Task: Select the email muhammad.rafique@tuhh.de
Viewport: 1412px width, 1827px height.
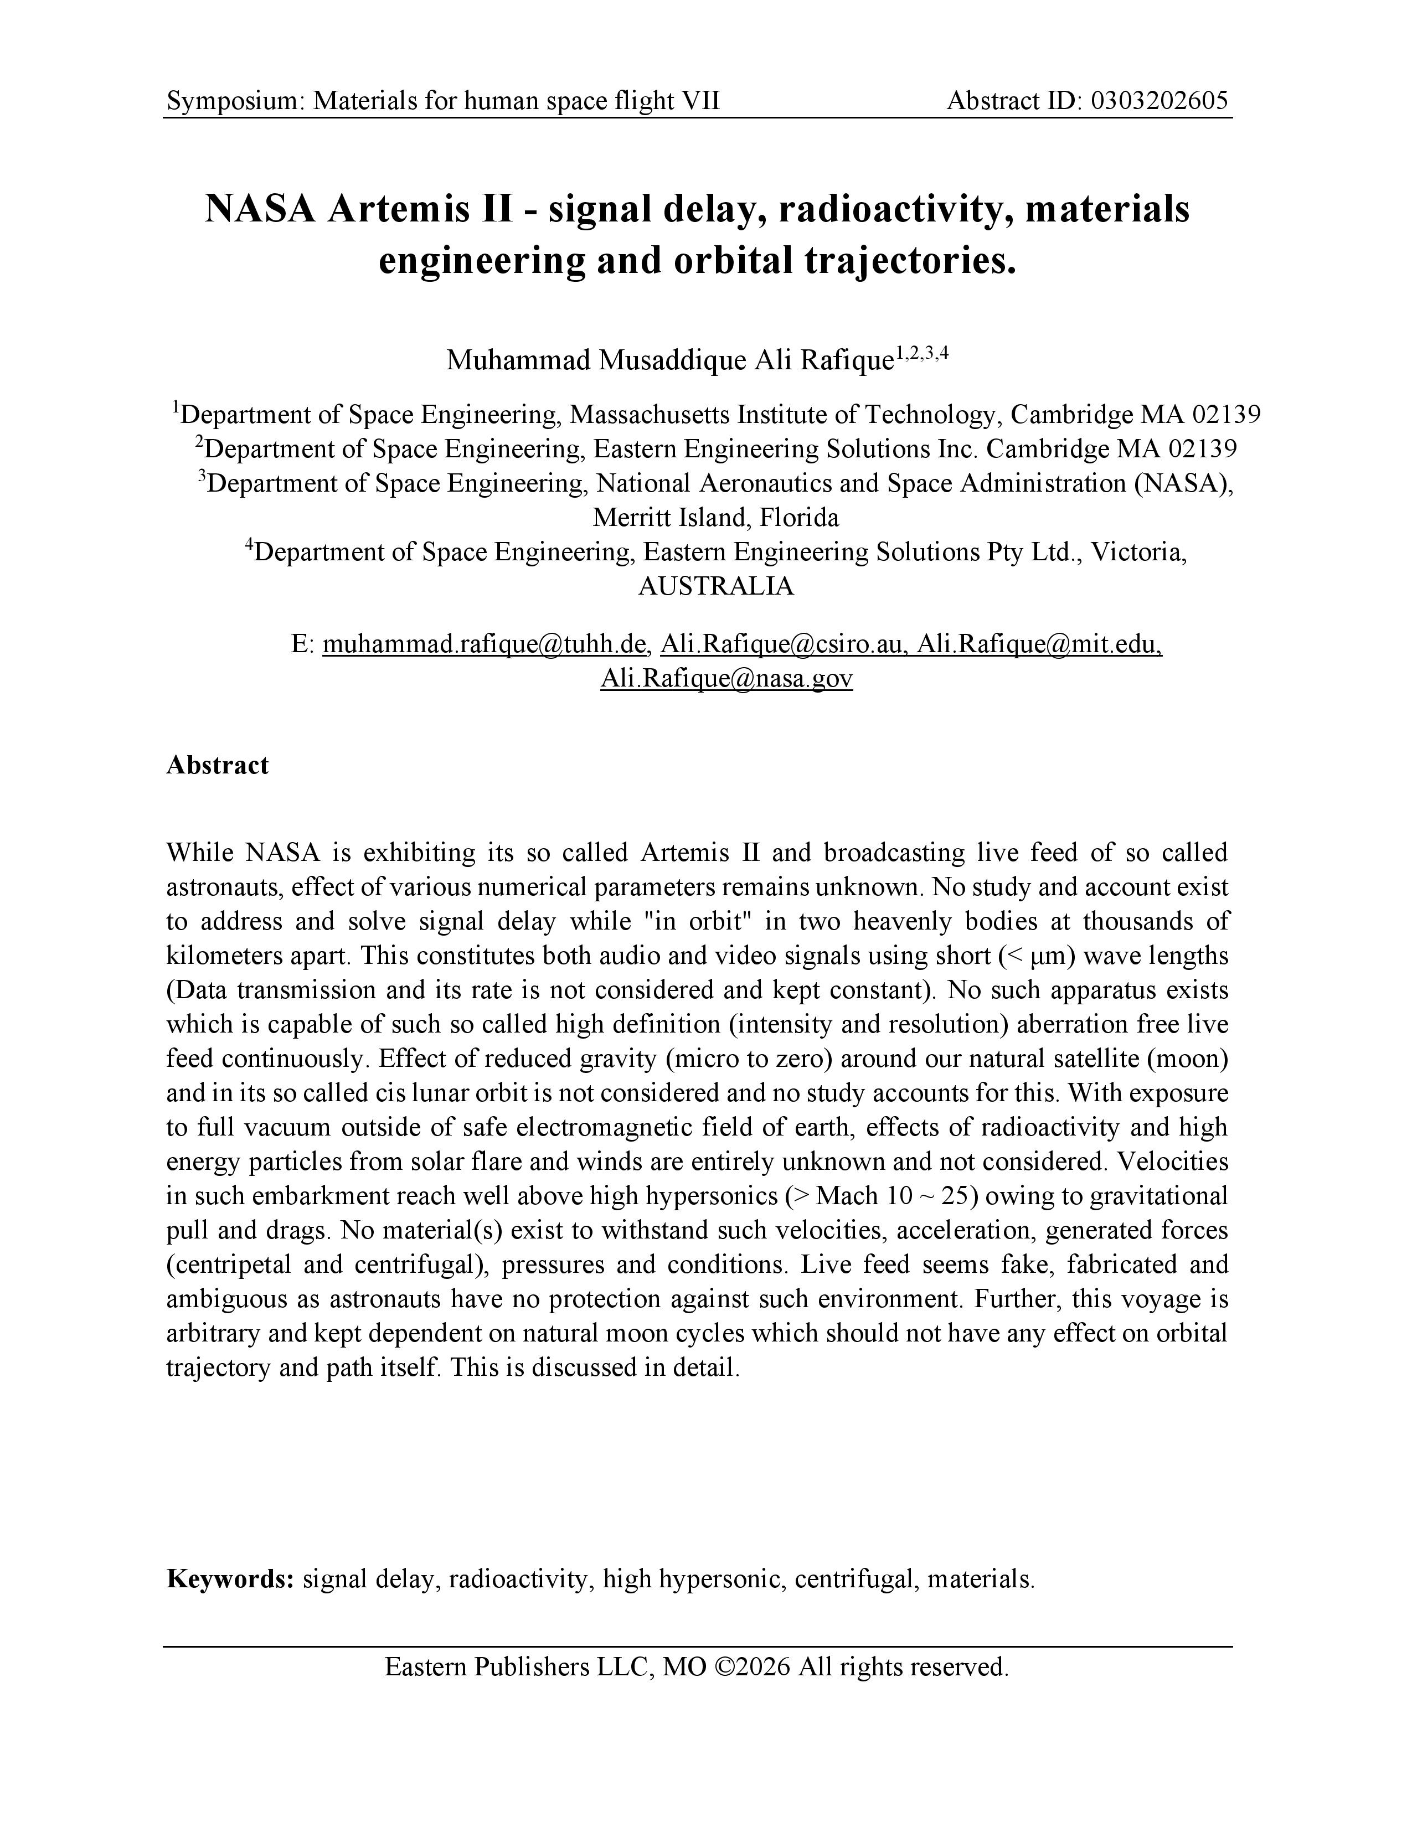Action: pyautogui.click(x=485, y=643)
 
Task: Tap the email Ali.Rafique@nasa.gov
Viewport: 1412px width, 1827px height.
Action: pyautogui.click(x=726, y=678)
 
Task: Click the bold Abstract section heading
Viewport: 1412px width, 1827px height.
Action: pyautogui.click(x=218, y=765)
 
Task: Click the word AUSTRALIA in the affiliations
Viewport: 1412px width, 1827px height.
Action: pyautogui.click(x=715, y=586)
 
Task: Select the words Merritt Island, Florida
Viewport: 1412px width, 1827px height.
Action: pyautogui.click(x=715, y=518)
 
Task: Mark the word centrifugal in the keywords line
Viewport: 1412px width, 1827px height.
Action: pyautogui.click(x=853, y=1578)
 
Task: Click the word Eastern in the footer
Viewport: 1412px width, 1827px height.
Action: pyautogui.click(x=426, y=1666)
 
